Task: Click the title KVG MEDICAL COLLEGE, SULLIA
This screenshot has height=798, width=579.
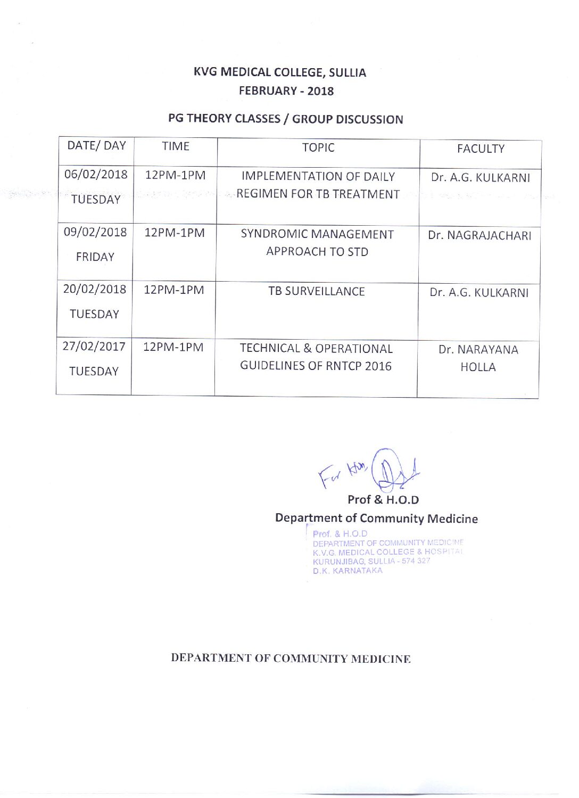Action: [280, 72]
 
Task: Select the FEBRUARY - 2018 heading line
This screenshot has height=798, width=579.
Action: [286, 91]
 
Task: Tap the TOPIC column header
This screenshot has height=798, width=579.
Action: [318, 148]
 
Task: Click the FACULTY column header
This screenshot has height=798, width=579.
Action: [481, 149]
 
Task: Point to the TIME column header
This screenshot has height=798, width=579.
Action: [176, 146]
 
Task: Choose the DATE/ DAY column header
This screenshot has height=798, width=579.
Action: [96, 146]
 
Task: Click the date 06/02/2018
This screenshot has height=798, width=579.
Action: [96, 175]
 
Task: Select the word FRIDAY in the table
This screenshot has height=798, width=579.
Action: [95, 257]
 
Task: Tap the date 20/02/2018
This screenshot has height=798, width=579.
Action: [95, 290]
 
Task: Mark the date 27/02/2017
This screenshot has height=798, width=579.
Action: [94, 347]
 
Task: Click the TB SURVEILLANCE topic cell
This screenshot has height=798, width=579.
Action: [317, 292]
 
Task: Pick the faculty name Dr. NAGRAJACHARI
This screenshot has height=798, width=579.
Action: [479, 236]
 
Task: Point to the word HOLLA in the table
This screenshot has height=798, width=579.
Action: [478, 367]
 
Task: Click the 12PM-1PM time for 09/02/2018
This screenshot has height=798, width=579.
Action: [175, 233]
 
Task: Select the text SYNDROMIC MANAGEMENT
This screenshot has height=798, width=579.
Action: [317, 235]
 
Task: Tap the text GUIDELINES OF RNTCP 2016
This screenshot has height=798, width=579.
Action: [316, 366]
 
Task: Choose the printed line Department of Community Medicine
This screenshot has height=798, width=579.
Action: [376, 519]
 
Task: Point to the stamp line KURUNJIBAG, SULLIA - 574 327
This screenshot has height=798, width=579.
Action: [371, 561]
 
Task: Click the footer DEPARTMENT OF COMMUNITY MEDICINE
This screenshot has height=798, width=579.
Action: [291, 659]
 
